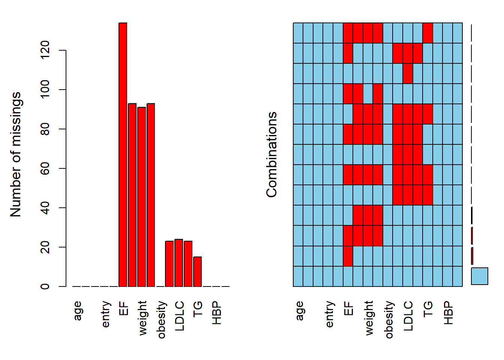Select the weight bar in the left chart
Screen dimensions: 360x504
tap(141, 196)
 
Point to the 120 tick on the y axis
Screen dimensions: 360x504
tap(45, 50)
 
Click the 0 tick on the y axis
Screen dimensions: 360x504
tap(45, 286)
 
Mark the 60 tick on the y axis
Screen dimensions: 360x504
tap(45, 168)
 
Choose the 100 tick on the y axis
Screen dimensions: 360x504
tap(45, 89)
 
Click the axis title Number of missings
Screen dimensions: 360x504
tap(16, 154)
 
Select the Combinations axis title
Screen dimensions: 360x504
tap(271, 154)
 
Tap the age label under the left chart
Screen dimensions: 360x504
tap(77, 311)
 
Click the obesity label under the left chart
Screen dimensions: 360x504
tap(161, 319)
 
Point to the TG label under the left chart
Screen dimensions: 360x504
tap(198, 309)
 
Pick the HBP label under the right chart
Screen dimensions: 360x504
tap(448, 313)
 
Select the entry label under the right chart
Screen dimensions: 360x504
tap(329, 314)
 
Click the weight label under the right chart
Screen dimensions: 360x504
tap(369, 318)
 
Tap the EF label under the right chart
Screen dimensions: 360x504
tap(348, 309)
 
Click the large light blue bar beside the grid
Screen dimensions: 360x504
tap(479, 276)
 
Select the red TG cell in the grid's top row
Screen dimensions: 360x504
tap(427, 33)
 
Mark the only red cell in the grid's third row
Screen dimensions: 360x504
tap(408, 73)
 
